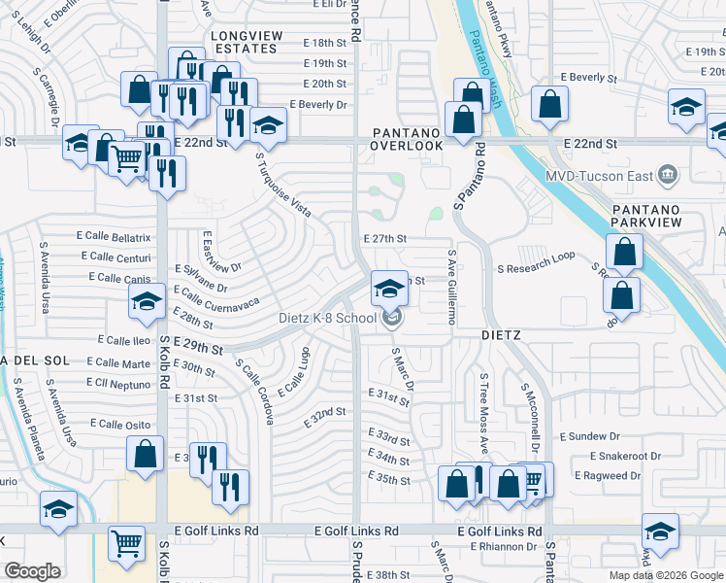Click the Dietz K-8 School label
(x=328, y=318)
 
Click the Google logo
(x=32, y=571)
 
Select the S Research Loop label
(x=536, y=269)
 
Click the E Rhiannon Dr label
(x=503, y=547)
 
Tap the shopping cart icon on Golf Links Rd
(x=127, y=543)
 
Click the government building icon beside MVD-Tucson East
(x=667, y=175)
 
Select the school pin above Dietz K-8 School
(x=389, y=288)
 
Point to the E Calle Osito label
(x=119, y=425)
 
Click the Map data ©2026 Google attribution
(x=665, y=575)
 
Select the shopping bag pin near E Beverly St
(x=549, y=106)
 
